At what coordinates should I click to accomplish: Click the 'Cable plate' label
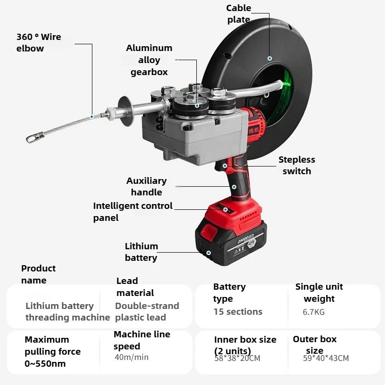pyautogui.click(x=239, y=13)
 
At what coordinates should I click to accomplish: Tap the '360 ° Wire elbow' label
pyautogui.click(x=38, y=42)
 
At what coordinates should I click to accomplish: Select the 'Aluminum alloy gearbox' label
pyautogui.click(x=149, y=60)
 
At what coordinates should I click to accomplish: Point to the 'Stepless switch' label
pyautogui.click(x=296, y=165)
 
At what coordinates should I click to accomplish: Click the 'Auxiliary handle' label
pyautogui.click(x=146, y=186)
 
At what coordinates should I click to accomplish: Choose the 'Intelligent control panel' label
pyautogui.click(x=132, y=212)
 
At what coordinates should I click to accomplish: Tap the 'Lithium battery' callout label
pyautogui.click(x=141, y=252)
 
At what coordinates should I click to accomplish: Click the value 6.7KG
pyautogui.click(x=314, y=312)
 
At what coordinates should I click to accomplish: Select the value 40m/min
pyautogui.click(x=131, y=357)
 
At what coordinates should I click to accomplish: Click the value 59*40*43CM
pyautogui.click(x=326, y=358)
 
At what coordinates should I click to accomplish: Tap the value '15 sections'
pyautogui.click(x=238, y=311)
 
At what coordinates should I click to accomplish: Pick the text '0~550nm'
pyautogui.click(x=45, y=364)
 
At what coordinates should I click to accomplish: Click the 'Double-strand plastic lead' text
pyautogui.click(x=147, y=311)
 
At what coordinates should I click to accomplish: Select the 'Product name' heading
pyautogui.click(x=38, y=274)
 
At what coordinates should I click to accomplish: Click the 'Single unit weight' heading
pyautogui.click(x=319, y=293)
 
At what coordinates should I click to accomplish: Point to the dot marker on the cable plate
pyautogui.click(x=269, y=58)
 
